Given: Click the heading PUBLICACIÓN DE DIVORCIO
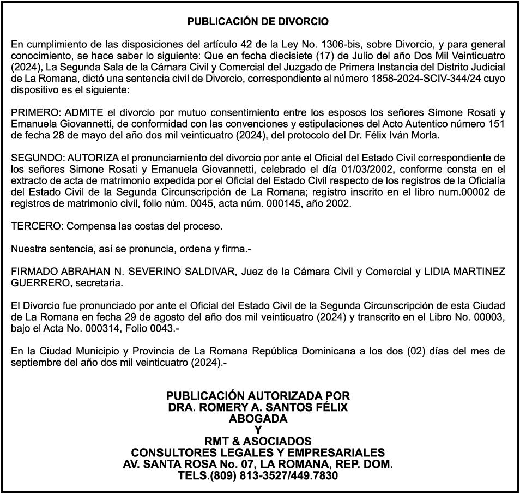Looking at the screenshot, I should pos(258,22).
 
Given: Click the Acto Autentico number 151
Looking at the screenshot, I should pos(497,124).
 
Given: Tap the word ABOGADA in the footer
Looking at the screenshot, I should pos(258,419).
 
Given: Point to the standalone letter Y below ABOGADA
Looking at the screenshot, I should pos(258,430).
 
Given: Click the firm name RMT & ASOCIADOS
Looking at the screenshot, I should pos(258,441).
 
